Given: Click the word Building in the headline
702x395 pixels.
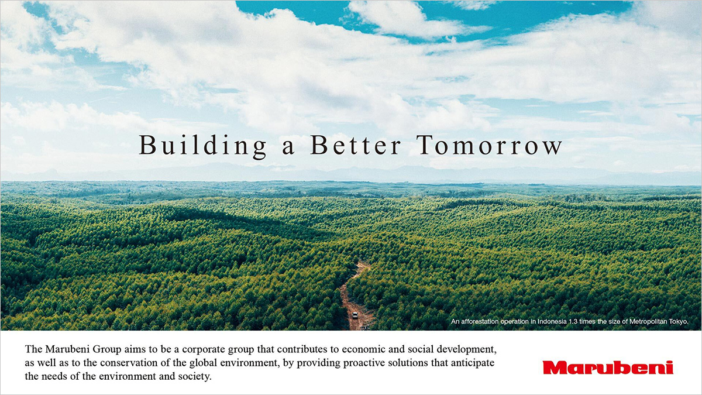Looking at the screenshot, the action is pos(202,146).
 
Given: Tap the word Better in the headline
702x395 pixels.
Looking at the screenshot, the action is pos(356,145).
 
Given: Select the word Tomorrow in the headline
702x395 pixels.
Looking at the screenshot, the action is pos(489,145).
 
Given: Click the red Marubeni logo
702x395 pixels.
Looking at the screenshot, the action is pos(608,367).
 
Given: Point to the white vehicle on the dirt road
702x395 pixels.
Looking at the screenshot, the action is pos(355,315).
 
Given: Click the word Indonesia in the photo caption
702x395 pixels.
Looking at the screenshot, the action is pos(552,321).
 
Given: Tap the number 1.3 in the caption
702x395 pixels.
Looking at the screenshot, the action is pos(573,321).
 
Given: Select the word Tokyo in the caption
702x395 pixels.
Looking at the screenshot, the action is pos(679,322).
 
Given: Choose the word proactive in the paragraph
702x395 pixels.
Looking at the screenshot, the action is pos(364,363).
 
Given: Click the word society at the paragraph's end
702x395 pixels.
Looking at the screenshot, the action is pos(195,376).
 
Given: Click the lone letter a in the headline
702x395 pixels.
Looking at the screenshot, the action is pos(288,148).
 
